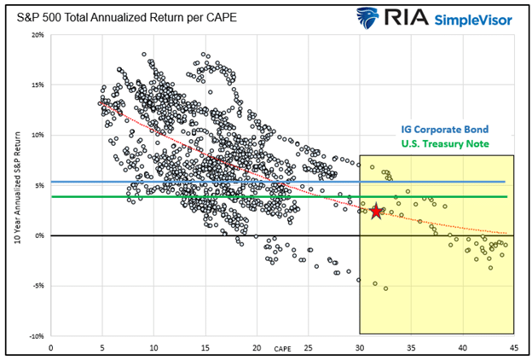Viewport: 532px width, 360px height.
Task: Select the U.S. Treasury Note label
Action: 441,143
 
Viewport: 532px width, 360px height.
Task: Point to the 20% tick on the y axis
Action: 37,35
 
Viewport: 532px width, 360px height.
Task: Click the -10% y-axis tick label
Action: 36,336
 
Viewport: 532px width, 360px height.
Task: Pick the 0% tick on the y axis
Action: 39,235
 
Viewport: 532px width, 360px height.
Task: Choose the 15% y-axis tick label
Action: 37,85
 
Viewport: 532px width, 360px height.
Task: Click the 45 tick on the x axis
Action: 514,347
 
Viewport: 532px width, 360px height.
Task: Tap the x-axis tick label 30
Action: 360,347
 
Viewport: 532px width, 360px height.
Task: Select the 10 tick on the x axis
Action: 153,347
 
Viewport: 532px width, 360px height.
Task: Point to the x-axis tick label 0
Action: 51,347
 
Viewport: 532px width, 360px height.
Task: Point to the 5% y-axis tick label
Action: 39,185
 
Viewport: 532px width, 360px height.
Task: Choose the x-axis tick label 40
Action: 463,347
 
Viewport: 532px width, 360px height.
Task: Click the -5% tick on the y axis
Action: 38,286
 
